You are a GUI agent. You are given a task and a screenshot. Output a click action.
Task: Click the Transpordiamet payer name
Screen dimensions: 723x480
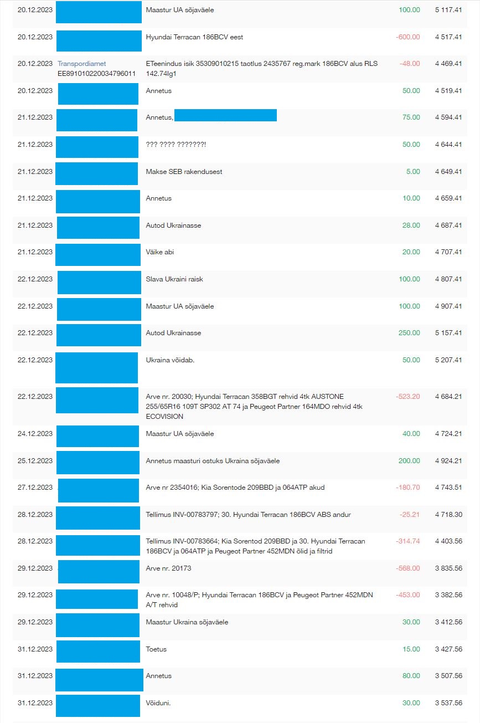pos(82,64)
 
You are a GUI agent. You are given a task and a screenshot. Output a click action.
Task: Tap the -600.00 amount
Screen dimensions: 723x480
pos(408,37)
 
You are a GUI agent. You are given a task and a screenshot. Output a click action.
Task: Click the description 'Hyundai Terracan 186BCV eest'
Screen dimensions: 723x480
pos(194,37)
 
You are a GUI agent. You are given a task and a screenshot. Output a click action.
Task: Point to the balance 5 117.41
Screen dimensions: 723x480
pos(446,10)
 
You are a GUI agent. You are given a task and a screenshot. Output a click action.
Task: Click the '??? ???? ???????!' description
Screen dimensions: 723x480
pos(176,145)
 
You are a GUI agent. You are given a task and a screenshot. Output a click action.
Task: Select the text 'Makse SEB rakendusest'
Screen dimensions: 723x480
pos(184,172)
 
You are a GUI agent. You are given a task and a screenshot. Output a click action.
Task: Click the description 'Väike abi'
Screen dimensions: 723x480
pos(160,252)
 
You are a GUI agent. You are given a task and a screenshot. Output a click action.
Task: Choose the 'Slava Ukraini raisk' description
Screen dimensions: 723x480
pos(174,279)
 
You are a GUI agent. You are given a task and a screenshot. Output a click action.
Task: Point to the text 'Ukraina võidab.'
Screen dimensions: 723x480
pos(170,360)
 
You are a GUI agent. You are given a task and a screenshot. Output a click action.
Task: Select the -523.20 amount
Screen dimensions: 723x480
pos(408,397)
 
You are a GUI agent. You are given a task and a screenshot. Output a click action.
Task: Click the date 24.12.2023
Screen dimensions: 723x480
pos(35,434)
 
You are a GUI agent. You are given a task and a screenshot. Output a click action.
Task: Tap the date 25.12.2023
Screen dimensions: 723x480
pos(35,461)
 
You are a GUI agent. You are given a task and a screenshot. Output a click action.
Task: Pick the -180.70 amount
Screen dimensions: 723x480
pos(408,488)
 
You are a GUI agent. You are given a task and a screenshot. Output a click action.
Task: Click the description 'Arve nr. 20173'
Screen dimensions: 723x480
pos(168,568)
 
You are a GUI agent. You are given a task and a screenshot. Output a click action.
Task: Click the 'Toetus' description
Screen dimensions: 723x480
pos(156,649)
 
